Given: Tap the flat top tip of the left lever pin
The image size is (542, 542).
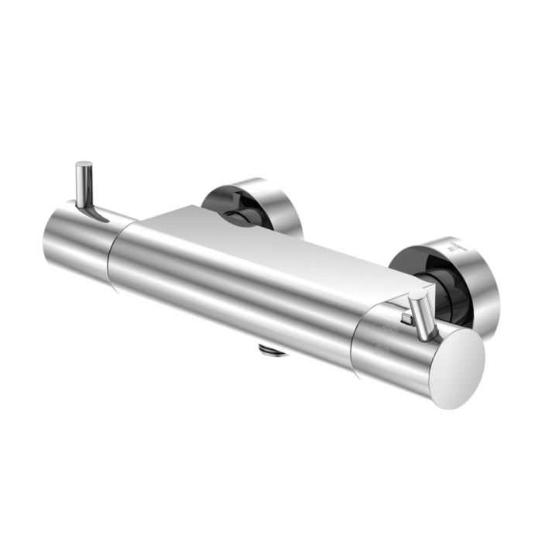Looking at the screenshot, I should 84,164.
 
